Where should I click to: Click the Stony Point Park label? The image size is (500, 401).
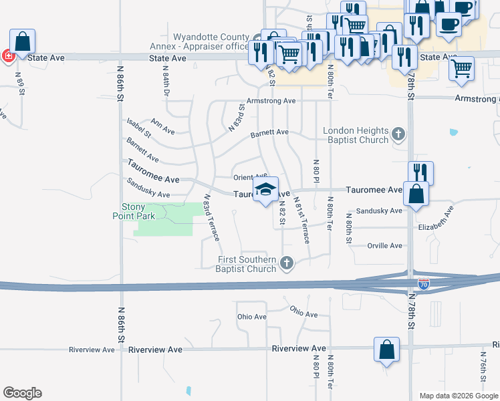138,211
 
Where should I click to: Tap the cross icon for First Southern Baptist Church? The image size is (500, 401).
287,263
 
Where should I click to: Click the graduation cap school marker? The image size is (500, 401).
265,190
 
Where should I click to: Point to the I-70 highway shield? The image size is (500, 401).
423,284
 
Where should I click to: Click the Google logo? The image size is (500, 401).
22,393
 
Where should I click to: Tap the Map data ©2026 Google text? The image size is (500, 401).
458,396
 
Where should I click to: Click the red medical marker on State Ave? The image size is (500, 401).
7,57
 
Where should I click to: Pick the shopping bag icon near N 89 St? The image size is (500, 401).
23,42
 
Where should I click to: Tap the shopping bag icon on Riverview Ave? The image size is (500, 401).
386,350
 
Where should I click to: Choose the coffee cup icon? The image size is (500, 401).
448,24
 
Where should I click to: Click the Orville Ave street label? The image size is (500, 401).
385,246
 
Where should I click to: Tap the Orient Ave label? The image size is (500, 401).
250,177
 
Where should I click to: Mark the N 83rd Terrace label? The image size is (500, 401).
211,218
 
